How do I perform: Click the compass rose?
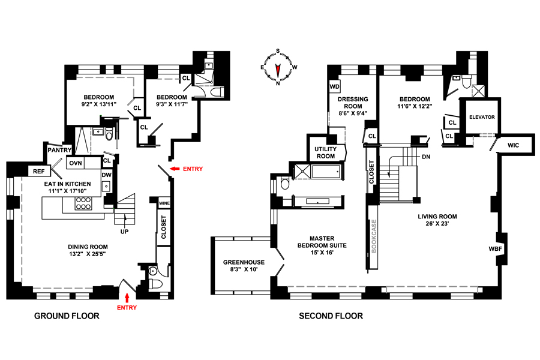click(x=278, y=67)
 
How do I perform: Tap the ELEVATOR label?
click(x=482, y=117)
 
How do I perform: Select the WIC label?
click(x=513, y=145)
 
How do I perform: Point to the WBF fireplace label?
click(x=495, y=249)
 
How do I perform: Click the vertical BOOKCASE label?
click(x=374, y=236)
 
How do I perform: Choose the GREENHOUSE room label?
click(x=244, y=262)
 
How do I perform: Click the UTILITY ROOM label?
click(x=325, y=152)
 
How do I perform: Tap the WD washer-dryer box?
click(x=335, y=86)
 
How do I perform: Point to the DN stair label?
click(x=426, y=157)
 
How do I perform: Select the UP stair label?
click(x=124, y=232)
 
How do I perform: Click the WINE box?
click(x=164, y=203)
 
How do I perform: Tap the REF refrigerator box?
click(x=39, y=172)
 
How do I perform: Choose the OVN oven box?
click(x=76, y=163)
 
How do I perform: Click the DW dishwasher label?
click(x=107, y=175)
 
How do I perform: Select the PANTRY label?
click(x=59, y=150)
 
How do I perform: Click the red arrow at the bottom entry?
click(x=127, y=297)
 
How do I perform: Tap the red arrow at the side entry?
click(x=175, y=169)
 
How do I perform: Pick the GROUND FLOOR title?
click(x=67, y=316)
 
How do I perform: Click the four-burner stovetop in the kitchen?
click(x=83, y=203)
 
